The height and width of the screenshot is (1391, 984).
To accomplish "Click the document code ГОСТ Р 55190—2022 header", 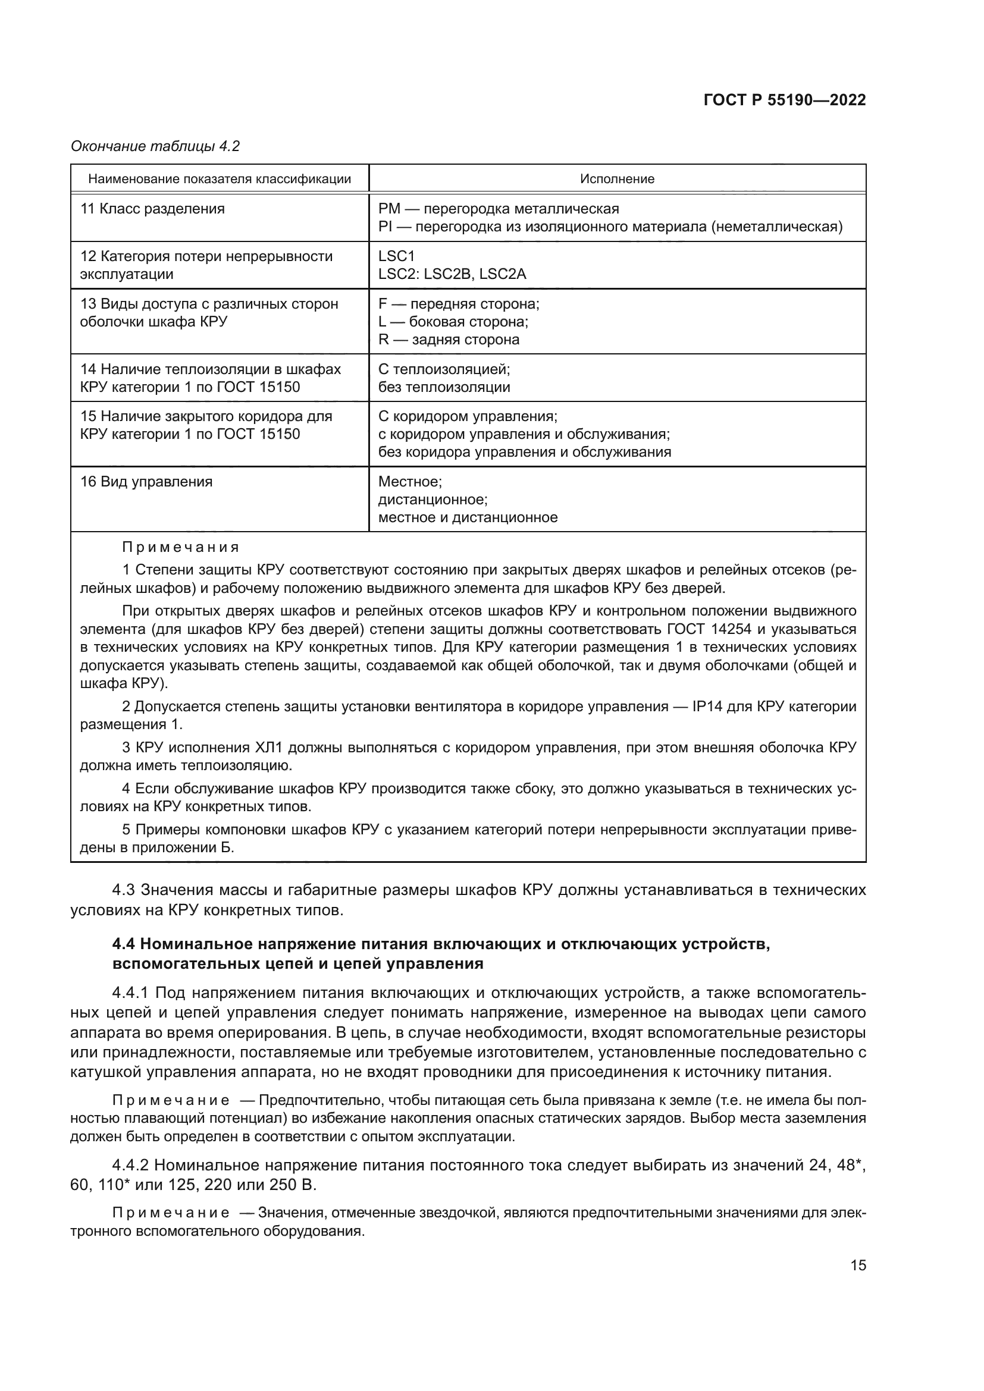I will tap(785, 101).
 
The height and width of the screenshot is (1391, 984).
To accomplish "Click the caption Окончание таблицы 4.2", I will tap(155, 146).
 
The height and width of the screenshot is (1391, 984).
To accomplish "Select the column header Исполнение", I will tap(617, 179).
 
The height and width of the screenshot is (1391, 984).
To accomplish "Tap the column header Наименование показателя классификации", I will tap(220, 179).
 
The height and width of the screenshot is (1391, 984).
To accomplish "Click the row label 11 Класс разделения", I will tap(152, 209).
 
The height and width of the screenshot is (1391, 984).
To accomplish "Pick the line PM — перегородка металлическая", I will tap(498, 209).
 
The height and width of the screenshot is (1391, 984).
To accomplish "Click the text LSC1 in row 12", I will tap(396, 256).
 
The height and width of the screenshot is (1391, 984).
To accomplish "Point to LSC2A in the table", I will tap(502, 274).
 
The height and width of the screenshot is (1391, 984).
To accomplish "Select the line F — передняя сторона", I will tap(458, 304).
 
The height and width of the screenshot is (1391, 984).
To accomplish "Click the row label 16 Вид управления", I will tap(146, 482).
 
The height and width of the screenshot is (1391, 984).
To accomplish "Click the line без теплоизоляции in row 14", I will tap(444, 387).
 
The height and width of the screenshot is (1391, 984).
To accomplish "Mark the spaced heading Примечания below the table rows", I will tap(181, 548).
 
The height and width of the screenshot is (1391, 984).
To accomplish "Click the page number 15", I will tap(858, 1266).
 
